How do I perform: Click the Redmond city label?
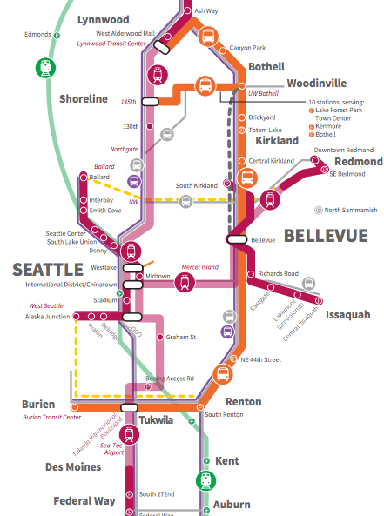pos(358,162)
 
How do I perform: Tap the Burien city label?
pos(38,405)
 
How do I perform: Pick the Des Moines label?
pos(73,467)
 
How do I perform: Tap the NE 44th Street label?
pos(260,359)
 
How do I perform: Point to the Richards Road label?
pos(278,273)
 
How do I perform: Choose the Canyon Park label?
pos(246,48)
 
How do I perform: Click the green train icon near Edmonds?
pos(45,68)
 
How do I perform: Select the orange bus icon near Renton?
pos(223,375)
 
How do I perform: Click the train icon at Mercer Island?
pos(184,282)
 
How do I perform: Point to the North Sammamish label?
pos(350,210)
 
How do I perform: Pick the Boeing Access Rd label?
pos(170,379)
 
